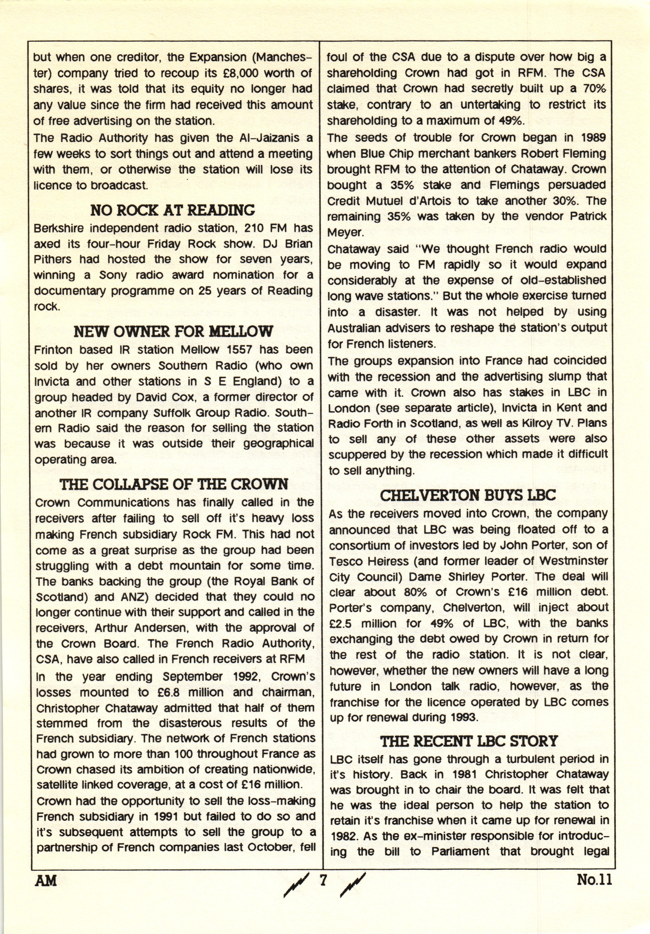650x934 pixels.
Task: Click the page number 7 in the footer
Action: (x=324, y=880)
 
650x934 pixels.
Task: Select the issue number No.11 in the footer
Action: (x=594, y=880)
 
